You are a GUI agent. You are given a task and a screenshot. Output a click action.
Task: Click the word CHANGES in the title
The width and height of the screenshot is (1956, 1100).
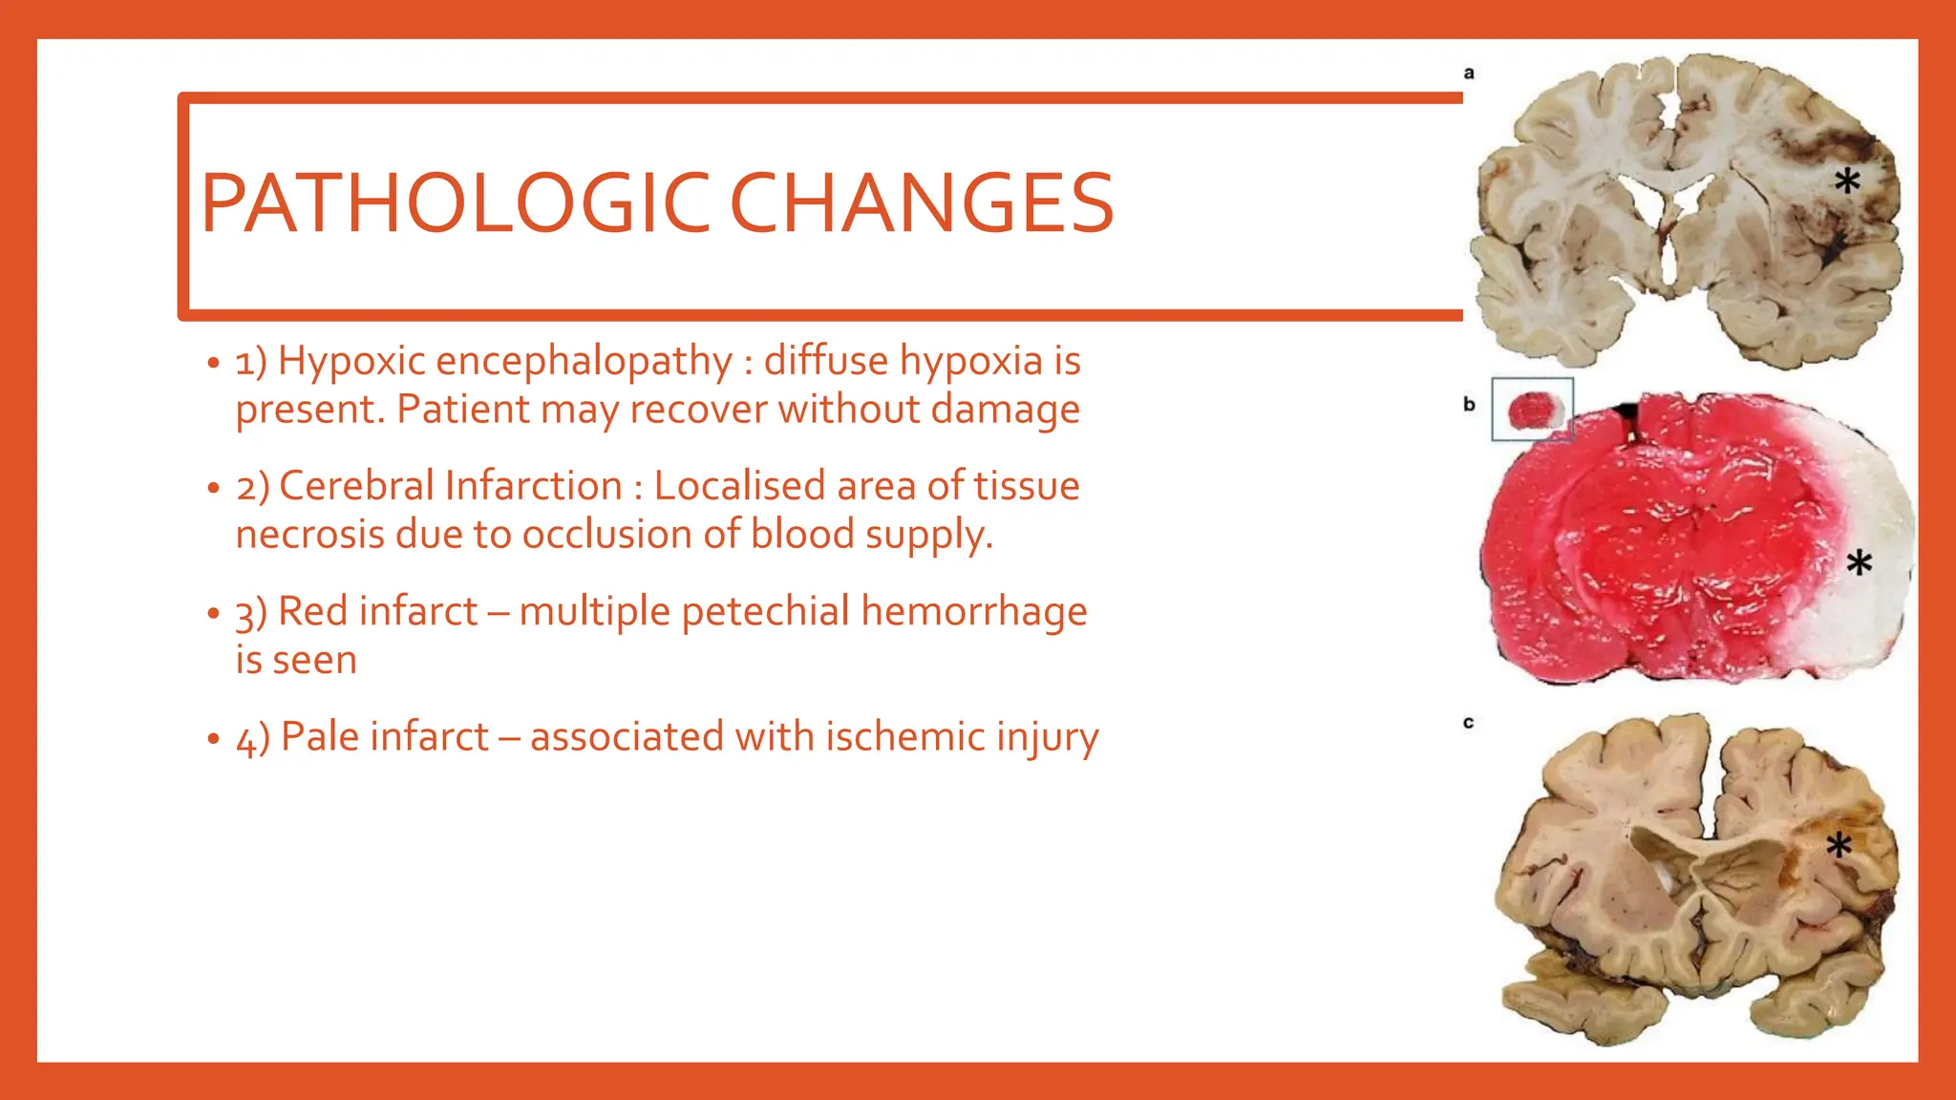(x=922, y=203)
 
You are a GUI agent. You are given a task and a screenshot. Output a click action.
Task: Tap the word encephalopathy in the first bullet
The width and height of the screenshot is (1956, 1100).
(x=584, y=361)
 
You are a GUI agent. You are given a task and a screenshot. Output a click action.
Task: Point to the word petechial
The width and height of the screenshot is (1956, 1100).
(x=765, y=611)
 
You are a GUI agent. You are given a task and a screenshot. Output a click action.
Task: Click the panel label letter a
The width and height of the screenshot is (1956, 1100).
(x=1469, y=73)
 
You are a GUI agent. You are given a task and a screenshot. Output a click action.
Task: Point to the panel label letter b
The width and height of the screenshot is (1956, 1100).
(x=1469, y=405)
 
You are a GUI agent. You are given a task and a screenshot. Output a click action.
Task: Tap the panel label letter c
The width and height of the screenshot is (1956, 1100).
(x=1468, y=723)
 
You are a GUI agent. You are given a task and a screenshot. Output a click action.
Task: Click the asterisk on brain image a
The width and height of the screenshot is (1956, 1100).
(x=1847, y=180)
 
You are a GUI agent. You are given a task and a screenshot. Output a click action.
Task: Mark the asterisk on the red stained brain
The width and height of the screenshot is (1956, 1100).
(x=1859, y=563)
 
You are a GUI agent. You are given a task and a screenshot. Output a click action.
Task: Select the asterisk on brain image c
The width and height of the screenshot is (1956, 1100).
(x=1839, y=845)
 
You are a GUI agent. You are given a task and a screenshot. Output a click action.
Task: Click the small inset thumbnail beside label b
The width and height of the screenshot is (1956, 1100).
(x=1532, y=410)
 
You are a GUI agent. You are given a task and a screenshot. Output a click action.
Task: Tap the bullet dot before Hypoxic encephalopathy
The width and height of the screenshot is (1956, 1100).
(x=213, y=364)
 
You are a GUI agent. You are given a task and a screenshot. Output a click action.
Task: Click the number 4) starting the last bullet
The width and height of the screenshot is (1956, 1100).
(x=253, y=739)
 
